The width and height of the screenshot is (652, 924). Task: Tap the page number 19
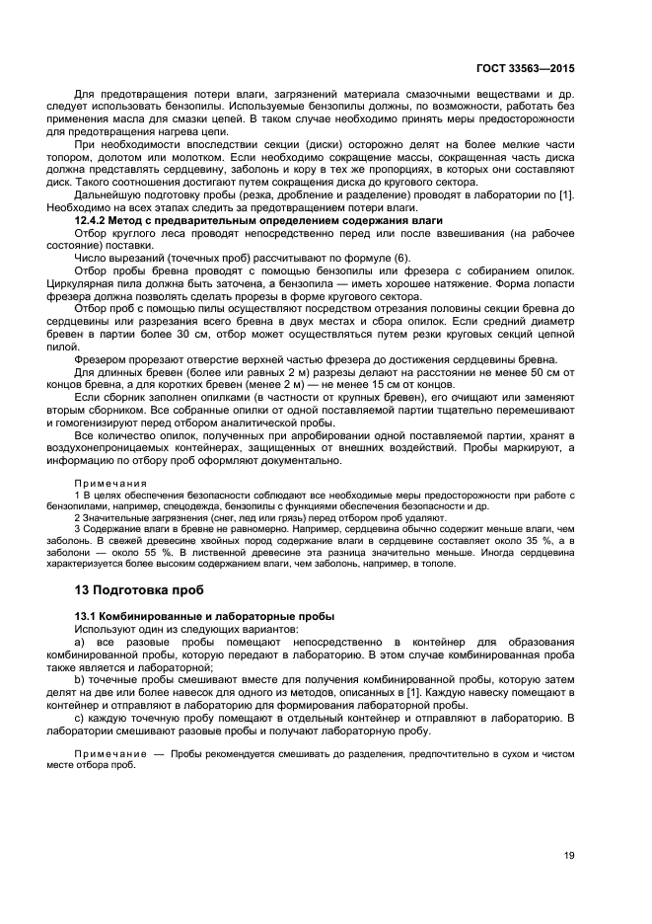point(569,855)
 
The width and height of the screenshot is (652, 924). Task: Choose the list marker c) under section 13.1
point(80,718)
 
